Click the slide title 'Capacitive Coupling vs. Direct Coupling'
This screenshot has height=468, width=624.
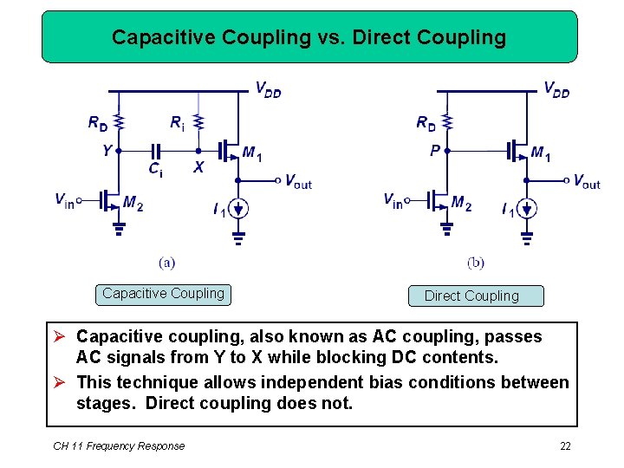tap(309, 38)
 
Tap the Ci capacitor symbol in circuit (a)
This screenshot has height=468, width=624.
tap(157, 150)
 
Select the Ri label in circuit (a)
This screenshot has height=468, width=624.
tap(177, 124)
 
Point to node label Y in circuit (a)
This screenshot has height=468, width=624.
tap(107, 151)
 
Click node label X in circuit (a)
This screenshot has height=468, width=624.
tap(198, 167)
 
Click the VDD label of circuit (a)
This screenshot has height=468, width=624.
tap(268, 88)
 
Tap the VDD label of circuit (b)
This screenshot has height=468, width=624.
tap(556, 88)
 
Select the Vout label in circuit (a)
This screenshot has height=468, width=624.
tap(298, 182)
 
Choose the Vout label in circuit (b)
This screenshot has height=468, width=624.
tap(587, 182)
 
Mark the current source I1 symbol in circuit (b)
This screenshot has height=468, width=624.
tap(527, 208)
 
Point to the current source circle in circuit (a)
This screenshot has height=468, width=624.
tap(239, 208)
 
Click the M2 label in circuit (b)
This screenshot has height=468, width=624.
tap(461, 205)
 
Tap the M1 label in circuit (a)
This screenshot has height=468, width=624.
tap(252, 154)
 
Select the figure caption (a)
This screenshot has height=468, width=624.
tap(167, 261)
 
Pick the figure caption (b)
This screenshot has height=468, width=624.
tap(476, 262)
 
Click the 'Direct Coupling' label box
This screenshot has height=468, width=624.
tap(476, 296)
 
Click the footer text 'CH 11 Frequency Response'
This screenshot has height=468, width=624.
tap(119, 445)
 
